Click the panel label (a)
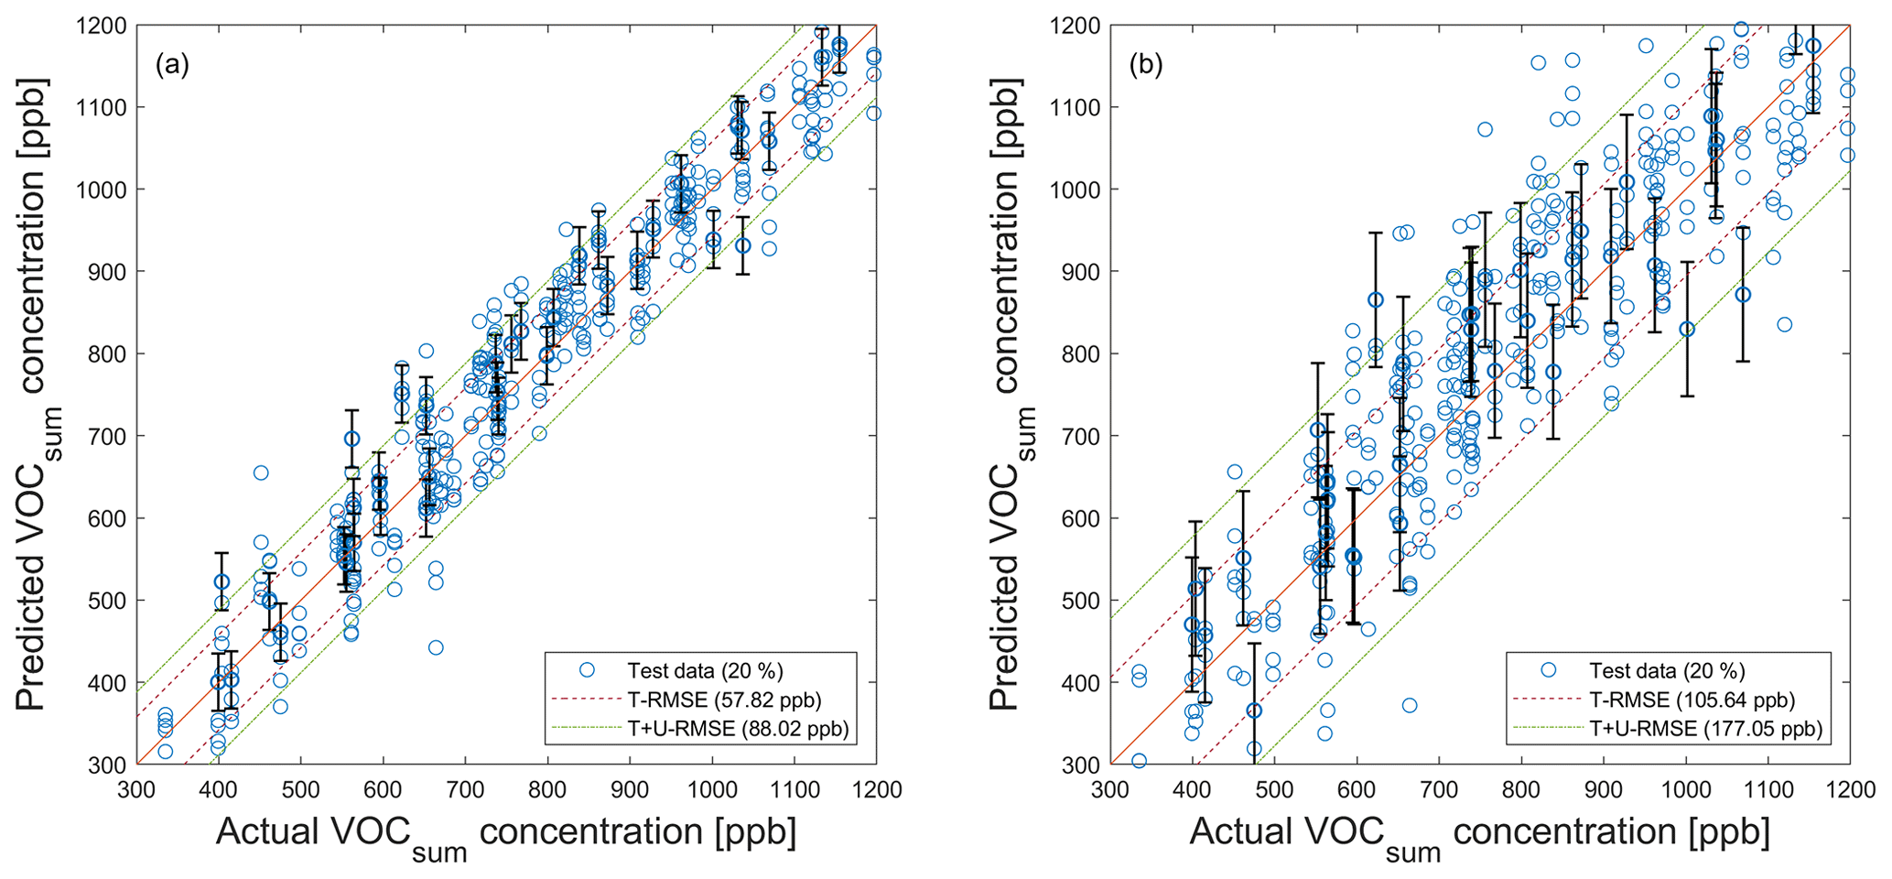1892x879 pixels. (172, 65)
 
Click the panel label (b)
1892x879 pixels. (1147, 65)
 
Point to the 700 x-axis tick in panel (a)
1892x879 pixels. (465, 789)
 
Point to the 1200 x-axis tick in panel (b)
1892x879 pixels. (1850, 789)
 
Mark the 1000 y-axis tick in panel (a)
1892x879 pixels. (102, 190)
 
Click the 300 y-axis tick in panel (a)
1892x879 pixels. (109, 765)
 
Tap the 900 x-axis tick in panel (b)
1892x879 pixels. (1603, 789)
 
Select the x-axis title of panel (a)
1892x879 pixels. (506, 835)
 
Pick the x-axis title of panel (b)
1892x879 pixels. (1479, 835)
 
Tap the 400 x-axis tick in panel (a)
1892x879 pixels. (219, 789)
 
